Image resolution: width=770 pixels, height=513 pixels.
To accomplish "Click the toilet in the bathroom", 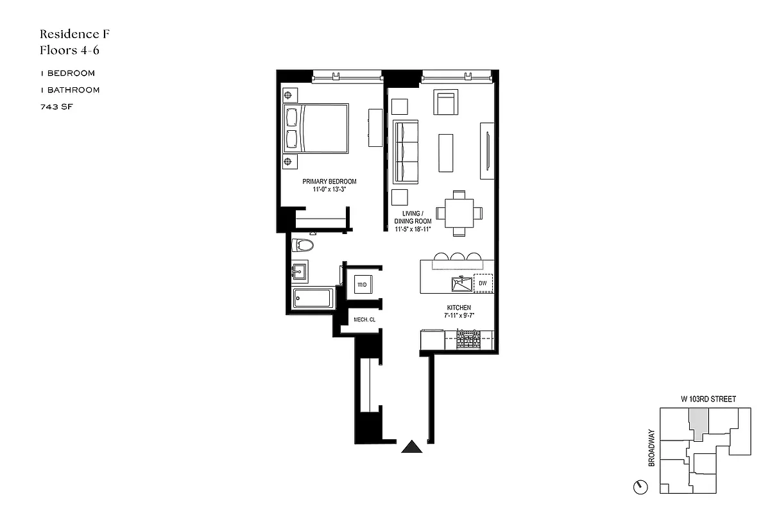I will (x=302, y=246).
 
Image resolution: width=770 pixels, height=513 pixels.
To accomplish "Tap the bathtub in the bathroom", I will (x=312, y=299).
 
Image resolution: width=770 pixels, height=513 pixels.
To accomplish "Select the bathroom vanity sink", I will (x=300, y=271).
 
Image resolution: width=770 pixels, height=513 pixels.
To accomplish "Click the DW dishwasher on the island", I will (x=483, y=283).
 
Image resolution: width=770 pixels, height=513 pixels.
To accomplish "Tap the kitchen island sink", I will (x=460, y=282).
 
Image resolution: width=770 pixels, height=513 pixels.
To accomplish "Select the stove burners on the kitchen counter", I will (x=468, y=339).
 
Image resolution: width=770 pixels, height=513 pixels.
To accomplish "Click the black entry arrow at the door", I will (x=412, y=447).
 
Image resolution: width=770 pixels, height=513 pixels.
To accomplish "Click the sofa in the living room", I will (x=406, y=151).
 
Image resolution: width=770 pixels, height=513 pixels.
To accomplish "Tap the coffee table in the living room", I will (x=446, y=152).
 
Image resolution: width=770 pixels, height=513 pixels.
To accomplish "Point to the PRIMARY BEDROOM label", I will (x=329, y=181).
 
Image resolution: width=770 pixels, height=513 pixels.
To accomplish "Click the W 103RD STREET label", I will (x=708, y=399).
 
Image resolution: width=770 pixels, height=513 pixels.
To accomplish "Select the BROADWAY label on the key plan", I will (x=652, y=448).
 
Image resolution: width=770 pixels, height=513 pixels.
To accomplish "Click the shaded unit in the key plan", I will (x=697, y=423).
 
